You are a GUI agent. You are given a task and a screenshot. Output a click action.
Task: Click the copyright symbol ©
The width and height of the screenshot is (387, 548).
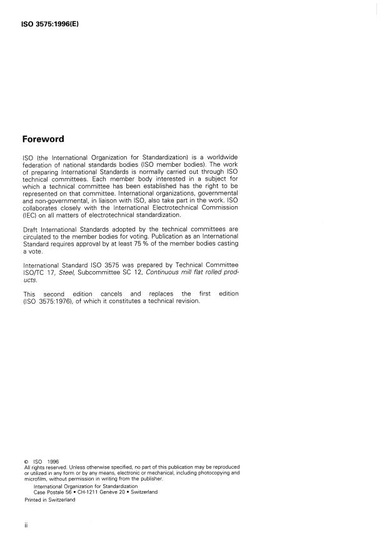coord(26,463)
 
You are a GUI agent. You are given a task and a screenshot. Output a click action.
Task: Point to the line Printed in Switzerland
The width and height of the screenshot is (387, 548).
coord(49,500)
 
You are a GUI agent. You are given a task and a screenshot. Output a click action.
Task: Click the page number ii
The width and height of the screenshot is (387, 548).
coord(26,526)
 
